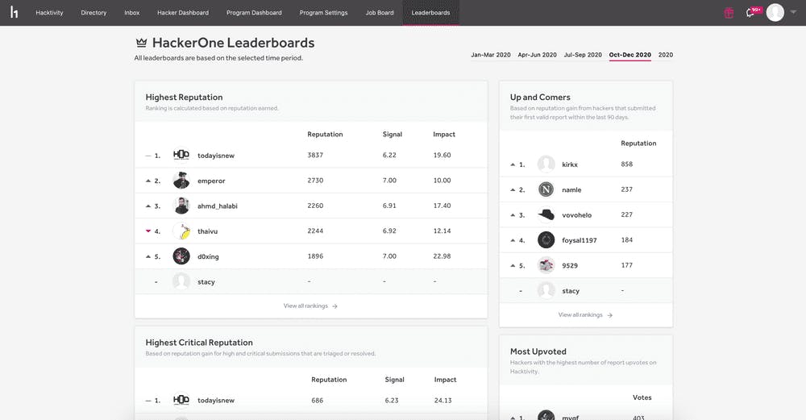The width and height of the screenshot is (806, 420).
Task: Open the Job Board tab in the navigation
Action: pyautogui.click(x=380, y=13)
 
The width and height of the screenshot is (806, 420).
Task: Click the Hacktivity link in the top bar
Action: pyautogui.click(x=49, y=13)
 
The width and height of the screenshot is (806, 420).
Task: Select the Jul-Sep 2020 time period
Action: pyautogui.click(x=582, y=55)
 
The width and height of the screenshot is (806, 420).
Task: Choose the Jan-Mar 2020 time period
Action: pyautogui.click(x=491, y=55)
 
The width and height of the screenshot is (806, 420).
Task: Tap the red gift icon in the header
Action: pyautogui.click(x=729, y=13)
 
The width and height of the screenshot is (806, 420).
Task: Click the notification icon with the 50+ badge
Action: pyautogui.click(x=752, y=12)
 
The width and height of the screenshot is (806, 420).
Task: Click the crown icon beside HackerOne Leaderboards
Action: pyautogui.click(x=141, y=43)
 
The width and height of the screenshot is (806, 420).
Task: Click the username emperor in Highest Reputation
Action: pyautogui.click(x=211, y=181)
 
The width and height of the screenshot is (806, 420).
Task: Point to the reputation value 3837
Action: pyautogui.click(x=315, y=155)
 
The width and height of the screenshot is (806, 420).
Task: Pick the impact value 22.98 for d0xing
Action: pyautogui.click(x=442, y=256)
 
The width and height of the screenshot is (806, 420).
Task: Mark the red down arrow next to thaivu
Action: pyautogui.click(x=148, y=231)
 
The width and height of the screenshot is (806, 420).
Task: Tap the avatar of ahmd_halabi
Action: pyautogui.click(x=181, y=206)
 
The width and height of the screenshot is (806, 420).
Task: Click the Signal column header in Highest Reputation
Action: pyautogui.click(x=392, y=134)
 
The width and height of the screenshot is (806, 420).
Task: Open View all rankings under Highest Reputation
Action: pyautogui.click(x=310, y=306)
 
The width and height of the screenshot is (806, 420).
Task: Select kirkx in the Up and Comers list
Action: pyautogui.click(x=570, y=164)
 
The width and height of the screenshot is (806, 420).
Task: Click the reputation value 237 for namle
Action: pyautogui.click(x=627, y=189)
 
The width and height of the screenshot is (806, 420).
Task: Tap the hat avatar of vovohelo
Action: pyautogui.click(x=546, y=214)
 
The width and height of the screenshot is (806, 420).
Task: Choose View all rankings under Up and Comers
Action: pyautogui.click(x=585, y=315)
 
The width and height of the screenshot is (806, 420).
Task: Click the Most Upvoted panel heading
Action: pyautogui.click(x=538, y=351)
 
